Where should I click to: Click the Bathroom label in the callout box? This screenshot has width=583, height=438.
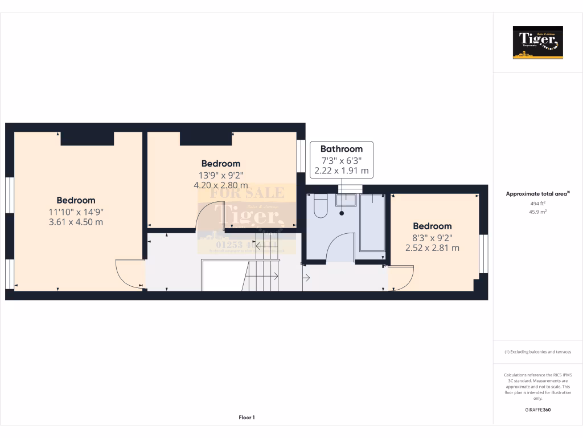pos(341,149)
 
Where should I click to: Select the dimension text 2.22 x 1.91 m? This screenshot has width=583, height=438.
pos(341,171)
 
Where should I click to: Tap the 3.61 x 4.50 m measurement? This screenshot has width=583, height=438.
pos(76,222)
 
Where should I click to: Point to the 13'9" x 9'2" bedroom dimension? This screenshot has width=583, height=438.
pos(220,175)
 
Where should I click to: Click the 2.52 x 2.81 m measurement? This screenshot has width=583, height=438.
pos(432,248)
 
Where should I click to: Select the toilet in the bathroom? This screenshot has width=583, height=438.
pos(320,206)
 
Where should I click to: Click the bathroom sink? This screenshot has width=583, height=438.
pos(345,200)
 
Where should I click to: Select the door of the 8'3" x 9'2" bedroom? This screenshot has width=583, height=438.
pos(401,279)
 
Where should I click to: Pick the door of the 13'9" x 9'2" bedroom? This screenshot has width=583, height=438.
pos(210,216)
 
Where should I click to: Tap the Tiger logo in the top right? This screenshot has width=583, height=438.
pos(537,43)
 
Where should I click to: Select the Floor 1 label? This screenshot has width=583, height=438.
pos(247,417)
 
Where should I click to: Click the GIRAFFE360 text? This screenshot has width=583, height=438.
pos(537,409)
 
